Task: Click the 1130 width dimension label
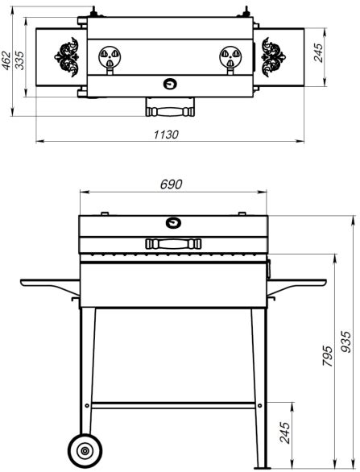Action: pos(166,135)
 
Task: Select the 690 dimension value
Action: pos(172,184)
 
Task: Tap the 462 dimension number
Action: pos(6,61)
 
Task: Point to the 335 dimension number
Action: pos(20,60)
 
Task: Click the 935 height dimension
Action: pos(347,342)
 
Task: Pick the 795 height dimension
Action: pos(328,356)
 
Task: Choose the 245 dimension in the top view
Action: pos(318,52)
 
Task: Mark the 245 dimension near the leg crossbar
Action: pos(285,433)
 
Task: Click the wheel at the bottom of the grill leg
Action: pos(85,450)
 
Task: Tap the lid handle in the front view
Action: pos(173,243)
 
